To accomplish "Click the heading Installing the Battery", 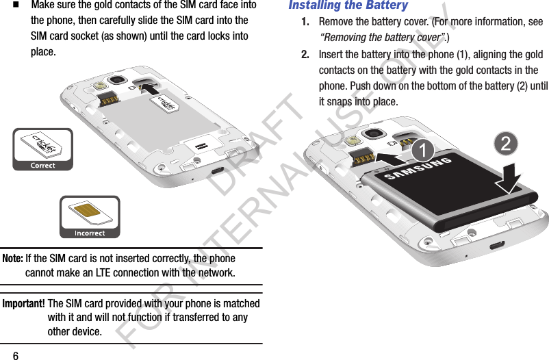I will click(x=348, y=6).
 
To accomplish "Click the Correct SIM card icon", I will click(x=42, y=149).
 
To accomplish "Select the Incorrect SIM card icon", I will click(x=90, y=217).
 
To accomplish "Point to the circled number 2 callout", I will click(x=505, y=143).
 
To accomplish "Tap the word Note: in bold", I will click(x=13, y=259).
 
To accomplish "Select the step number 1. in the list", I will click(x=307, y=22).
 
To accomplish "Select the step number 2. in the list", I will click(x=307, y=55).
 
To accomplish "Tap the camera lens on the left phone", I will click(x=117, y=80).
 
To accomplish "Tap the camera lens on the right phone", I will click(x=374, y=133).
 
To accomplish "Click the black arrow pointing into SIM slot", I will click(x=151, y=89).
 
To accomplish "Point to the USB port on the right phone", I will click(x=496, y=244).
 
